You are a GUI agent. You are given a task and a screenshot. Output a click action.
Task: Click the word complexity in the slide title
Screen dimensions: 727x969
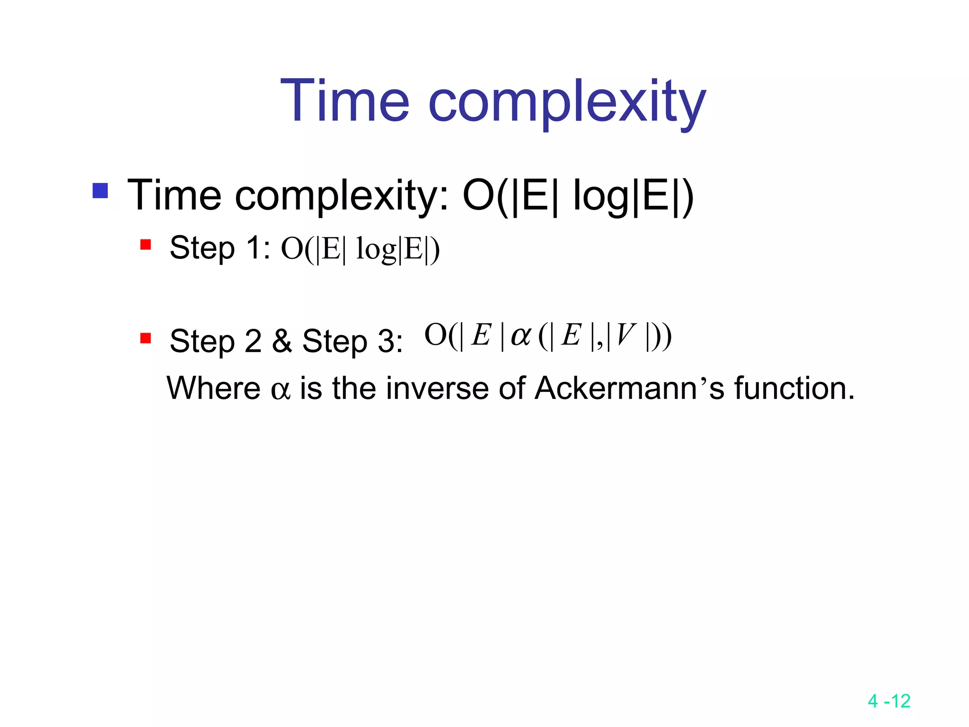click(566, 103)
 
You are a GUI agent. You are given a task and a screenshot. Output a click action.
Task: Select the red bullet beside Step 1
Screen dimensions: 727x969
click(146, 245)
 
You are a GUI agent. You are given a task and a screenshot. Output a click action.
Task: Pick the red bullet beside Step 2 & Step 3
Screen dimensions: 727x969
click(146, 338)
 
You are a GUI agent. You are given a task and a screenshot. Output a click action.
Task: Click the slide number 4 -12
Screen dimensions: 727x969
click(889, 701)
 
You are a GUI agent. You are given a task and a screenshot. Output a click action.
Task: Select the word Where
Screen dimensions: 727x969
click(213, 388)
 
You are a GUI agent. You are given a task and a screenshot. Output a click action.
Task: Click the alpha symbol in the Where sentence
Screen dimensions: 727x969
click(280, 390)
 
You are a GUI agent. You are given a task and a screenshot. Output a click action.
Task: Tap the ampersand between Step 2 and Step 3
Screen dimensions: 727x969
click(282, 341)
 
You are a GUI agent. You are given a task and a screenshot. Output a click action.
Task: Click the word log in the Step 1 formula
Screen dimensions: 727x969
click(376, 250)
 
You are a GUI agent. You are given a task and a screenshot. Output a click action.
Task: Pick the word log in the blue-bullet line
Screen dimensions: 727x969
click(601, 196)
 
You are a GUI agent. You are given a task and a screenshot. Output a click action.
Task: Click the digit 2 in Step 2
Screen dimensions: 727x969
click(253, 341)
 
